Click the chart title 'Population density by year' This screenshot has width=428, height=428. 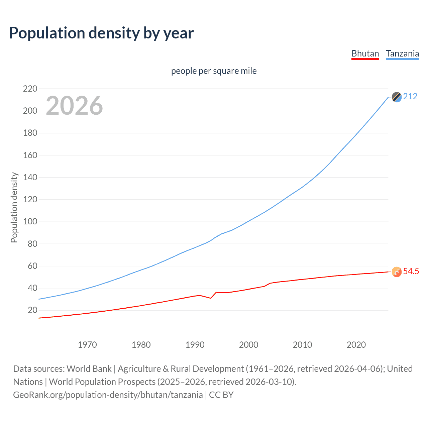[x=101, y=33]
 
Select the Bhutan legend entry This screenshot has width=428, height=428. [x=365, y=53]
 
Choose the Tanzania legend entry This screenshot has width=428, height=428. [x=403, y=53]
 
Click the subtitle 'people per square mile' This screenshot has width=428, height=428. [x=214, y=71]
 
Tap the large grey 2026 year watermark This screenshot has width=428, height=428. [x=74, y=106]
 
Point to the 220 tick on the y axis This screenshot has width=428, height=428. [x=30, y=89]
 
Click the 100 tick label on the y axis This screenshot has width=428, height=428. [x=30, y=222]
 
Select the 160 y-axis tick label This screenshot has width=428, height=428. [x=30, y=155]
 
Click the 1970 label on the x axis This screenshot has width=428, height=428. [x=87, y=345]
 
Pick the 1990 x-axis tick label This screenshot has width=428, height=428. [x=195, y=345]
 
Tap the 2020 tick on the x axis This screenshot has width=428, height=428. [x=356, y=345]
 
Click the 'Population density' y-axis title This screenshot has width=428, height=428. [x=14, y=207]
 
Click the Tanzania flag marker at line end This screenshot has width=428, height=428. [x=397, y=97]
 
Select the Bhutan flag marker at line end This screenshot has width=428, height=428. [x=397, y=272]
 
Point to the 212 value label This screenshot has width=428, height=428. [x=410, y=97]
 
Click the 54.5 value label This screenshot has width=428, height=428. [x=411, y=271]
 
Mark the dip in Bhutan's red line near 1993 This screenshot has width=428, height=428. [x=211, y=298]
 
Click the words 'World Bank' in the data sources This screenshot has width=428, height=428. [x=89, y=368]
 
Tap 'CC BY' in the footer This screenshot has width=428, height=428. [x=221, y=395]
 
